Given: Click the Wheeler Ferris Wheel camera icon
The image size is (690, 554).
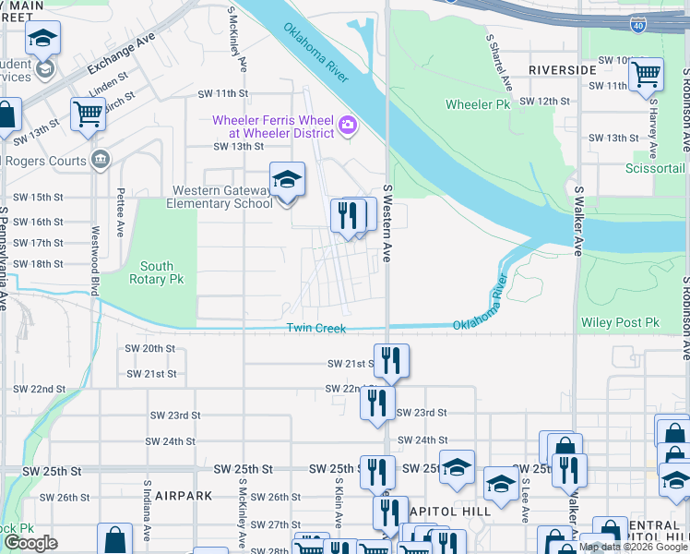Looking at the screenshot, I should click(348, 126).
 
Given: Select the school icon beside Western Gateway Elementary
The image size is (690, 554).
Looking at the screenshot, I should click(287, 179).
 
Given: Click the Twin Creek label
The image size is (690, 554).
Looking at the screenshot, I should click(315, 329).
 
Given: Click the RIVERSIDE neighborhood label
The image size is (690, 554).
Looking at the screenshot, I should click(562, 70).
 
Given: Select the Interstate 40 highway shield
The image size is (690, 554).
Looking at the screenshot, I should click(638, 25).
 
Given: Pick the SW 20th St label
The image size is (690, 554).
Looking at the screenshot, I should click(150, 349).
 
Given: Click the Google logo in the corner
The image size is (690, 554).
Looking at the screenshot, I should click(30, 543).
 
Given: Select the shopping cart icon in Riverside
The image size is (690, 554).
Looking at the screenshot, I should click(648, 72).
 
